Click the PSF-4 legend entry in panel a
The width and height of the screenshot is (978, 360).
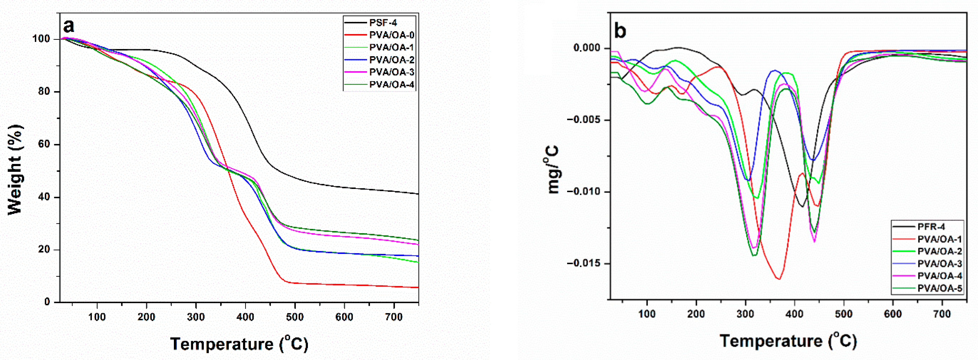point(383,23)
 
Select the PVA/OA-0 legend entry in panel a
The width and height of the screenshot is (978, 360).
point(391,35)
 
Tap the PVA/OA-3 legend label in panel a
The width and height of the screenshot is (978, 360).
point(391,72)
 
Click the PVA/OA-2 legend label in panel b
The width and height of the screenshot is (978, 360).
point(939,251)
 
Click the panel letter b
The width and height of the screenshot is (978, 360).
point(620,31)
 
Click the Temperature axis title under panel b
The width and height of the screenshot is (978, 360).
point(788,340)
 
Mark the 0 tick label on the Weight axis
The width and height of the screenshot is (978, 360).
point(47,302)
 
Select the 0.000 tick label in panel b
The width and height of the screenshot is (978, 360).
point(587,48)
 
